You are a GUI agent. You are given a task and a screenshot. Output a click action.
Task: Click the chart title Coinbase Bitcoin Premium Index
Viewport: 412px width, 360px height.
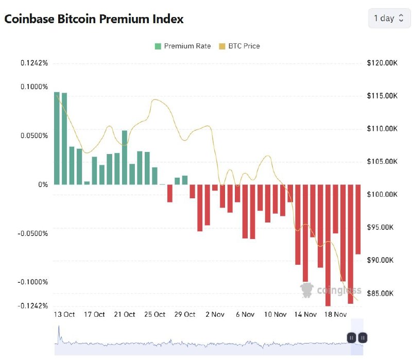(x=94, y=19)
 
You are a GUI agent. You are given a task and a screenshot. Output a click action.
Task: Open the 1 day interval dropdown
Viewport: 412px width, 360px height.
(x=389, y=18)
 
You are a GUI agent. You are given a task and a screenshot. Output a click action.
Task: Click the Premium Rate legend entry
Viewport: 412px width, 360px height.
(x=183, y=46)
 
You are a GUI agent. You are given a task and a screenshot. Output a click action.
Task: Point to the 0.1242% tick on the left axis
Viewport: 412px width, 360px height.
(x=35, y=63)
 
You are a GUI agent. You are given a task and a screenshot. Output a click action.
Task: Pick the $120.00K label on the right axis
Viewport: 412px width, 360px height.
(x=382, y=63)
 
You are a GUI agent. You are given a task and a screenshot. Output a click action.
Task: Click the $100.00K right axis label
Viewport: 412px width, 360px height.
(x=382, y=194)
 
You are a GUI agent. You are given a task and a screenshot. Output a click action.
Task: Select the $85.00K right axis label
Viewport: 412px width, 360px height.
(x=382, y=293)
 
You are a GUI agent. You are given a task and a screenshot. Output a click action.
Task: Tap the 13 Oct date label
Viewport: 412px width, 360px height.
(x=64, y=314)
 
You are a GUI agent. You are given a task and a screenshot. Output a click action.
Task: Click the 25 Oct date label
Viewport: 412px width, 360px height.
(x=155, y=314)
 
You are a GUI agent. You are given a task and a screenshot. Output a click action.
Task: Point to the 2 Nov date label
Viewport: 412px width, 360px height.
(x=215, y=314)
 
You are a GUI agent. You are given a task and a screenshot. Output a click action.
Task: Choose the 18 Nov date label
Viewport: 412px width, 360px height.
(x=336, y=314)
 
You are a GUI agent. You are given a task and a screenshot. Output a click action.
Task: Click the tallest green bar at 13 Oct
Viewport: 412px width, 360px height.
(x=57, y=138)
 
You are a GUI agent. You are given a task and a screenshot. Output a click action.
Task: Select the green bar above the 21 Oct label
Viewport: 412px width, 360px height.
(x=124, y=157)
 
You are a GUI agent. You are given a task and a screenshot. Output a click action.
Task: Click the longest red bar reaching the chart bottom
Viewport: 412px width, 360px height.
(x=328, y=245)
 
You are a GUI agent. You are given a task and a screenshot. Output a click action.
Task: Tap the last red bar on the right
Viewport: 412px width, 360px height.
(x=358, y=219)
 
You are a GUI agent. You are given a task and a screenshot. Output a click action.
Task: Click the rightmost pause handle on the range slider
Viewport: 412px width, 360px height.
(x=363, y=338)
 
